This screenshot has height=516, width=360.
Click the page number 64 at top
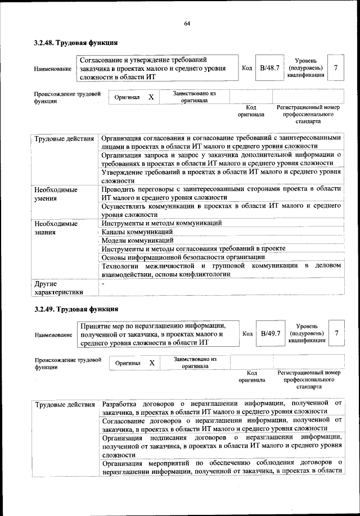[x=187, y=23]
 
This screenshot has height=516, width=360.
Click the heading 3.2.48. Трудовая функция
[x=75, y=42]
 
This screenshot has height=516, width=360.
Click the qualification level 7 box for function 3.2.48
[x=335, y=68]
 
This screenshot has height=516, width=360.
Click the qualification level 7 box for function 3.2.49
[x=336, y=334]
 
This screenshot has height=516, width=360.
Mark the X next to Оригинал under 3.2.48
[x=151, y=97]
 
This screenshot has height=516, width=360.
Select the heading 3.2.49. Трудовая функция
[x=75, y=309]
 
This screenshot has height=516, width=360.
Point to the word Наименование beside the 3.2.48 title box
[x=53, y=69]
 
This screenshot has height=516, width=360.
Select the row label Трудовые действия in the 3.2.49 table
[x=65, y=405]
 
